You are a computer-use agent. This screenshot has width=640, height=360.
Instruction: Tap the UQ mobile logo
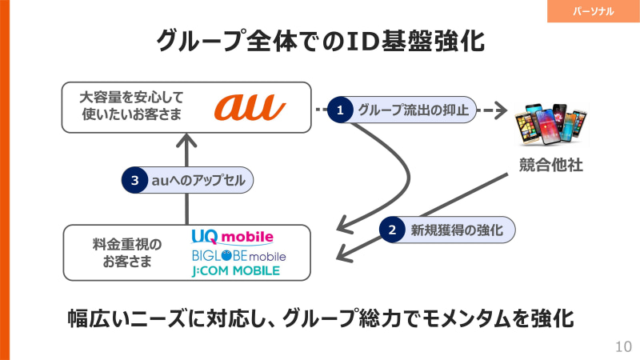233,237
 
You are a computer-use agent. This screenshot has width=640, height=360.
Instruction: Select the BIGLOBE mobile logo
238,255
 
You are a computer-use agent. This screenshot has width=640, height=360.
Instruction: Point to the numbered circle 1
340,110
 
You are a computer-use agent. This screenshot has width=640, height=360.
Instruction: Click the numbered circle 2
392,230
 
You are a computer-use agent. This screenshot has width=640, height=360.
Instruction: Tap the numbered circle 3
135,181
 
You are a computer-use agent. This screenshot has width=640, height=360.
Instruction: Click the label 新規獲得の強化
456,230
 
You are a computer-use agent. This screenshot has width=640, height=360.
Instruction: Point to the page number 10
623,346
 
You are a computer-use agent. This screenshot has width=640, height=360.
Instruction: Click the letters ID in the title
346,40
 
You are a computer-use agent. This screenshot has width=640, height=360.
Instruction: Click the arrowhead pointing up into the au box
186,143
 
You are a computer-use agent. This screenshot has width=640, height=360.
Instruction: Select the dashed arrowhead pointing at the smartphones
502,110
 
